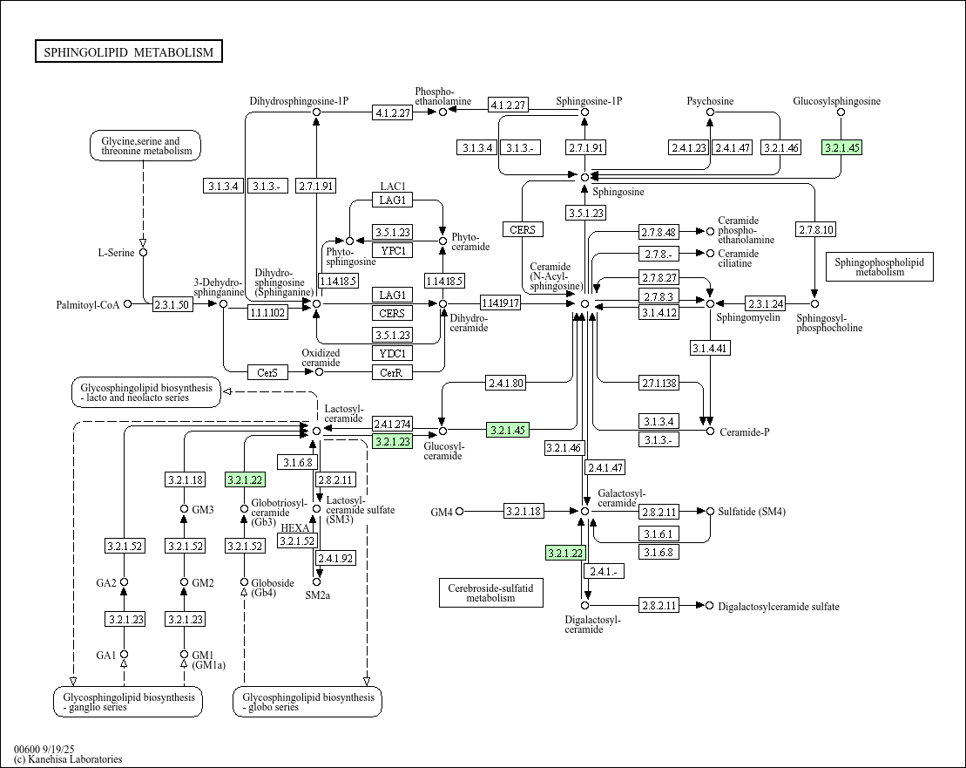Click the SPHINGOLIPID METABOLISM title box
point(129,52)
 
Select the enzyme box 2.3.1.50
point(172,304)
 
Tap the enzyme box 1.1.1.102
point(267,312)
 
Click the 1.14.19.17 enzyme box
point(500,303)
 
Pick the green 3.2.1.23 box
point(392,442)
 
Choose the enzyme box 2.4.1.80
point(506,383)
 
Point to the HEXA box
point(296,528)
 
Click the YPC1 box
point(392,250)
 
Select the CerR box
point(392,372)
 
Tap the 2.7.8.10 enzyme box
point(815,230)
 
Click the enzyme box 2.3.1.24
point(766,303)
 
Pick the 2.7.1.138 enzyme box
point(659,383)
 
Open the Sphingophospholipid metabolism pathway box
point(879,266)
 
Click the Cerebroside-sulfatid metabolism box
point(490,592)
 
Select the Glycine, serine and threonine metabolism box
point(145,146)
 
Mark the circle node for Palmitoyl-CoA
point(128,304)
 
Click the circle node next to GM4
point(460,511)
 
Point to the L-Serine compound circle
point(144,253)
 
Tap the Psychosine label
point(710,101)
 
